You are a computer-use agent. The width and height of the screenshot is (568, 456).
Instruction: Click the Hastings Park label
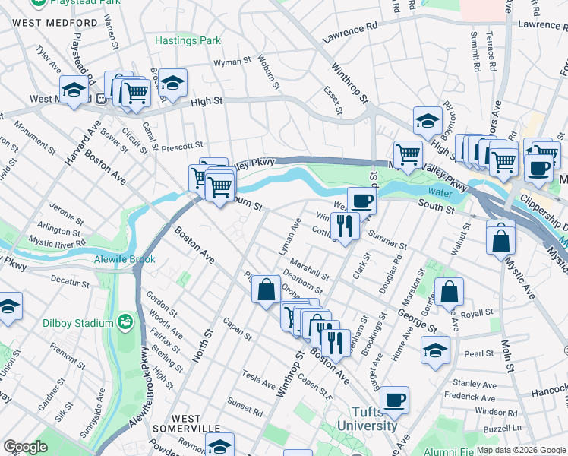(x=188, y=40)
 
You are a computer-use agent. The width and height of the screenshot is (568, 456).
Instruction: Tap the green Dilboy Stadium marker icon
(x=125, y=324)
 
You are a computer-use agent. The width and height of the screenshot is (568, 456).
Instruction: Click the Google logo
(x=25, y=447)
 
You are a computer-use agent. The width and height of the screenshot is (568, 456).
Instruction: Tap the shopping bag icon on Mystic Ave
(x=501, y=239)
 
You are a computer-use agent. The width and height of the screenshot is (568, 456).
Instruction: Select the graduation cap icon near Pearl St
(x=435, y=349)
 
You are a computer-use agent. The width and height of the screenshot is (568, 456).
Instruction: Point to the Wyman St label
(x=232, y=62)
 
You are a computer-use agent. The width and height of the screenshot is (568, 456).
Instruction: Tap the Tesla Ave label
(x=258, y=375)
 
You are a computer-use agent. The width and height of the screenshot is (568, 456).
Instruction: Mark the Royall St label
(x=478, y=313)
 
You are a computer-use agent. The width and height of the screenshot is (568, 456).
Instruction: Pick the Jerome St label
(x=66, y=207)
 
